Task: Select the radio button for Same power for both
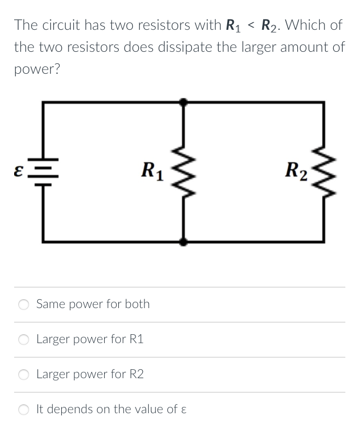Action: pos(24,304)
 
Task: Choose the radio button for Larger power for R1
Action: pos(24,339)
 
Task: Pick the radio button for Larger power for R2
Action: pos(24,375)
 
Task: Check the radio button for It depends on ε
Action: pos(24,410)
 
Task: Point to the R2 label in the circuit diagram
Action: pos(296,171)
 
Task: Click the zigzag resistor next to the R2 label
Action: pos(325,171)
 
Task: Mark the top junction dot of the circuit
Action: pos(183,102)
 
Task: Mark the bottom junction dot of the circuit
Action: pos(183,241)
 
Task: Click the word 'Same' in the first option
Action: pos(49,304)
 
